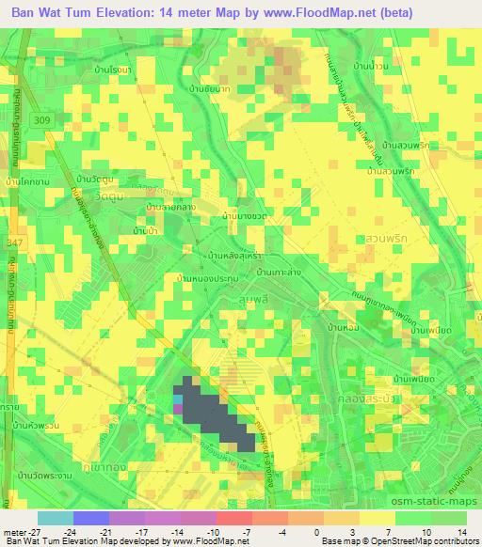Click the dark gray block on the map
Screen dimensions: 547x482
tap(214, 418)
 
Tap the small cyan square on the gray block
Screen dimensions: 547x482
tap(178, 399)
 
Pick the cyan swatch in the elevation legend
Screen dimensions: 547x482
tap(55, 518)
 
